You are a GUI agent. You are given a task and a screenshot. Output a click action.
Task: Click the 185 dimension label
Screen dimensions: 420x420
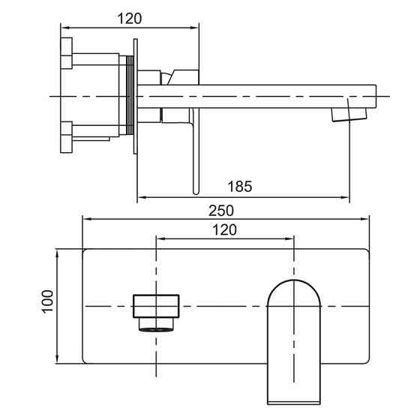[240, 187]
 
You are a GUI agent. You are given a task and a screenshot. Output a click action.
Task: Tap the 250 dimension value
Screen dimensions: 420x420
[221, 211]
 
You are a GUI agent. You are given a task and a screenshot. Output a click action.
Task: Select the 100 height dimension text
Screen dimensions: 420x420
[48, 301]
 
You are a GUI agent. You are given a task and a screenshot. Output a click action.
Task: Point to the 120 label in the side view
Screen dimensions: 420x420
[130, 19]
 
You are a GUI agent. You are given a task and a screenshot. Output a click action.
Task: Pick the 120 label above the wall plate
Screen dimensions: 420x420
[224, 230]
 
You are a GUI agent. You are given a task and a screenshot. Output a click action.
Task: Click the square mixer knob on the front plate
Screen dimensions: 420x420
[156, 306]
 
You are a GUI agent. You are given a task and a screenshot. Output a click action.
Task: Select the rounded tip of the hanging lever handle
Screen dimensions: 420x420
[196, 192]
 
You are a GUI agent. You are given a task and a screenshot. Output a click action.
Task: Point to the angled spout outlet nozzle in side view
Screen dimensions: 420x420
[349, 114]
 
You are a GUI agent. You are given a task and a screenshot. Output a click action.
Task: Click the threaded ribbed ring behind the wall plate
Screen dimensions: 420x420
[130, 95]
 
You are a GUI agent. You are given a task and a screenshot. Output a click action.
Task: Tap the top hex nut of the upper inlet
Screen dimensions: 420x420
[67, 46]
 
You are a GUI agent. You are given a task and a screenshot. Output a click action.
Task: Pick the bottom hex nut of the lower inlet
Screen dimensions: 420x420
[67, 144]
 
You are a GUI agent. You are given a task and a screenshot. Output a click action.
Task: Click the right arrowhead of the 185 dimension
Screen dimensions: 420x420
[346, 197]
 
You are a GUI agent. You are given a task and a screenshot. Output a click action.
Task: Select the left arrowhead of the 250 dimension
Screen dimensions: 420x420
[88, 219]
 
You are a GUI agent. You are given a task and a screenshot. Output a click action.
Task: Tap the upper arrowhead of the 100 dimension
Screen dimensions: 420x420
[57, 254]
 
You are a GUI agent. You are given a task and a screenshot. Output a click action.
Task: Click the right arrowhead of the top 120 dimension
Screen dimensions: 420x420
[194, 27]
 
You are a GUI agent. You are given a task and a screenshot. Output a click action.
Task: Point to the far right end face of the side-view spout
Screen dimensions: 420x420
[376, 97]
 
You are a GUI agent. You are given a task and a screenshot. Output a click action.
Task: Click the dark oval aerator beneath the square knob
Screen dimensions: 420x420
[156, 330]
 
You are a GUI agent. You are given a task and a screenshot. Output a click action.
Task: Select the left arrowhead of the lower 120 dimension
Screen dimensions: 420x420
[161, 238]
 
